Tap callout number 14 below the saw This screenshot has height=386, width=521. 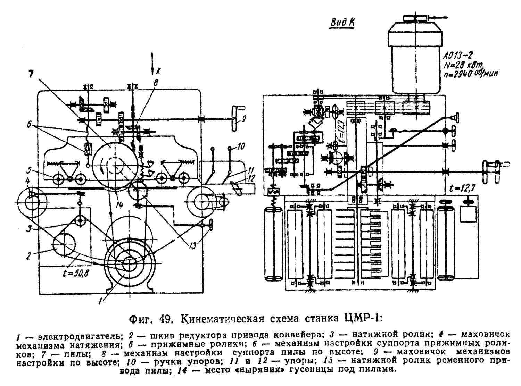point(119,205)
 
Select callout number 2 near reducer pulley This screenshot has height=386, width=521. point(28,256)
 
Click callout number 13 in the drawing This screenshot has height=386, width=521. point(193,246)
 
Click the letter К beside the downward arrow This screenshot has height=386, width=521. point(159,70)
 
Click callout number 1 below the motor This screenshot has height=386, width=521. point(100,301)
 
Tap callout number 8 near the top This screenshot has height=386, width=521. point(156,83)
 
